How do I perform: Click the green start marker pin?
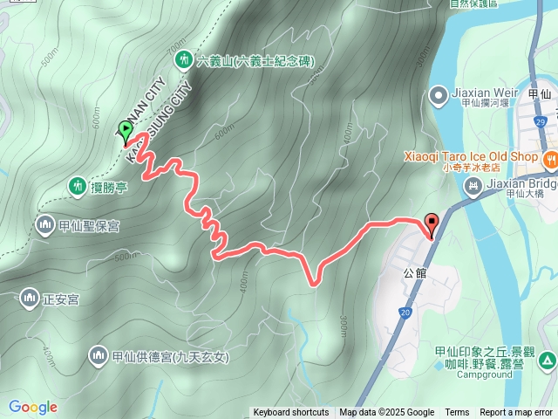click(x=126, y=131)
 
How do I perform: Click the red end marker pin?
click(x=430, y=222)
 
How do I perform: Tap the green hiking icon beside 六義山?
click(x=183, y=60)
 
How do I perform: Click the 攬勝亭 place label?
click(x=110, y=186)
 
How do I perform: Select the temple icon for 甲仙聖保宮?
click(x=44, y=226)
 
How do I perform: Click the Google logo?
click(x=32, y=407)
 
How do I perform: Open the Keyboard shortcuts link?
click(x=291, y=413)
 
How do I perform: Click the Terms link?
click(x=457, y=413)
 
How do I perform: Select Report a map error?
click(x=517, y=413)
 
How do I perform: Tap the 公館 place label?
click(x=416, y=272)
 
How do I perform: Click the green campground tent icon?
click(x=547, y=360)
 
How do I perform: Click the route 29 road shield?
click(x=541, y=121)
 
